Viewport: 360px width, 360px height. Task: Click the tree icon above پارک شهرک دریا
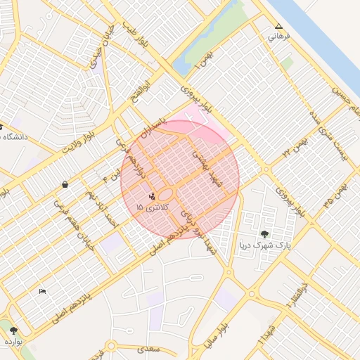click(x=264, y=234)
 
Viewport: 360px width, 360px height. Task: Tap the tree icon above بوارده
click(x=13, y=330)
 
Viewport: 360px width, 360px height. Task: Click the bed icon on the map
click(x=43, y=291)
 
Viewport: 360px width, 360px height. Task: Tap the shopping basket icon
click(x=65, y=185)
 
